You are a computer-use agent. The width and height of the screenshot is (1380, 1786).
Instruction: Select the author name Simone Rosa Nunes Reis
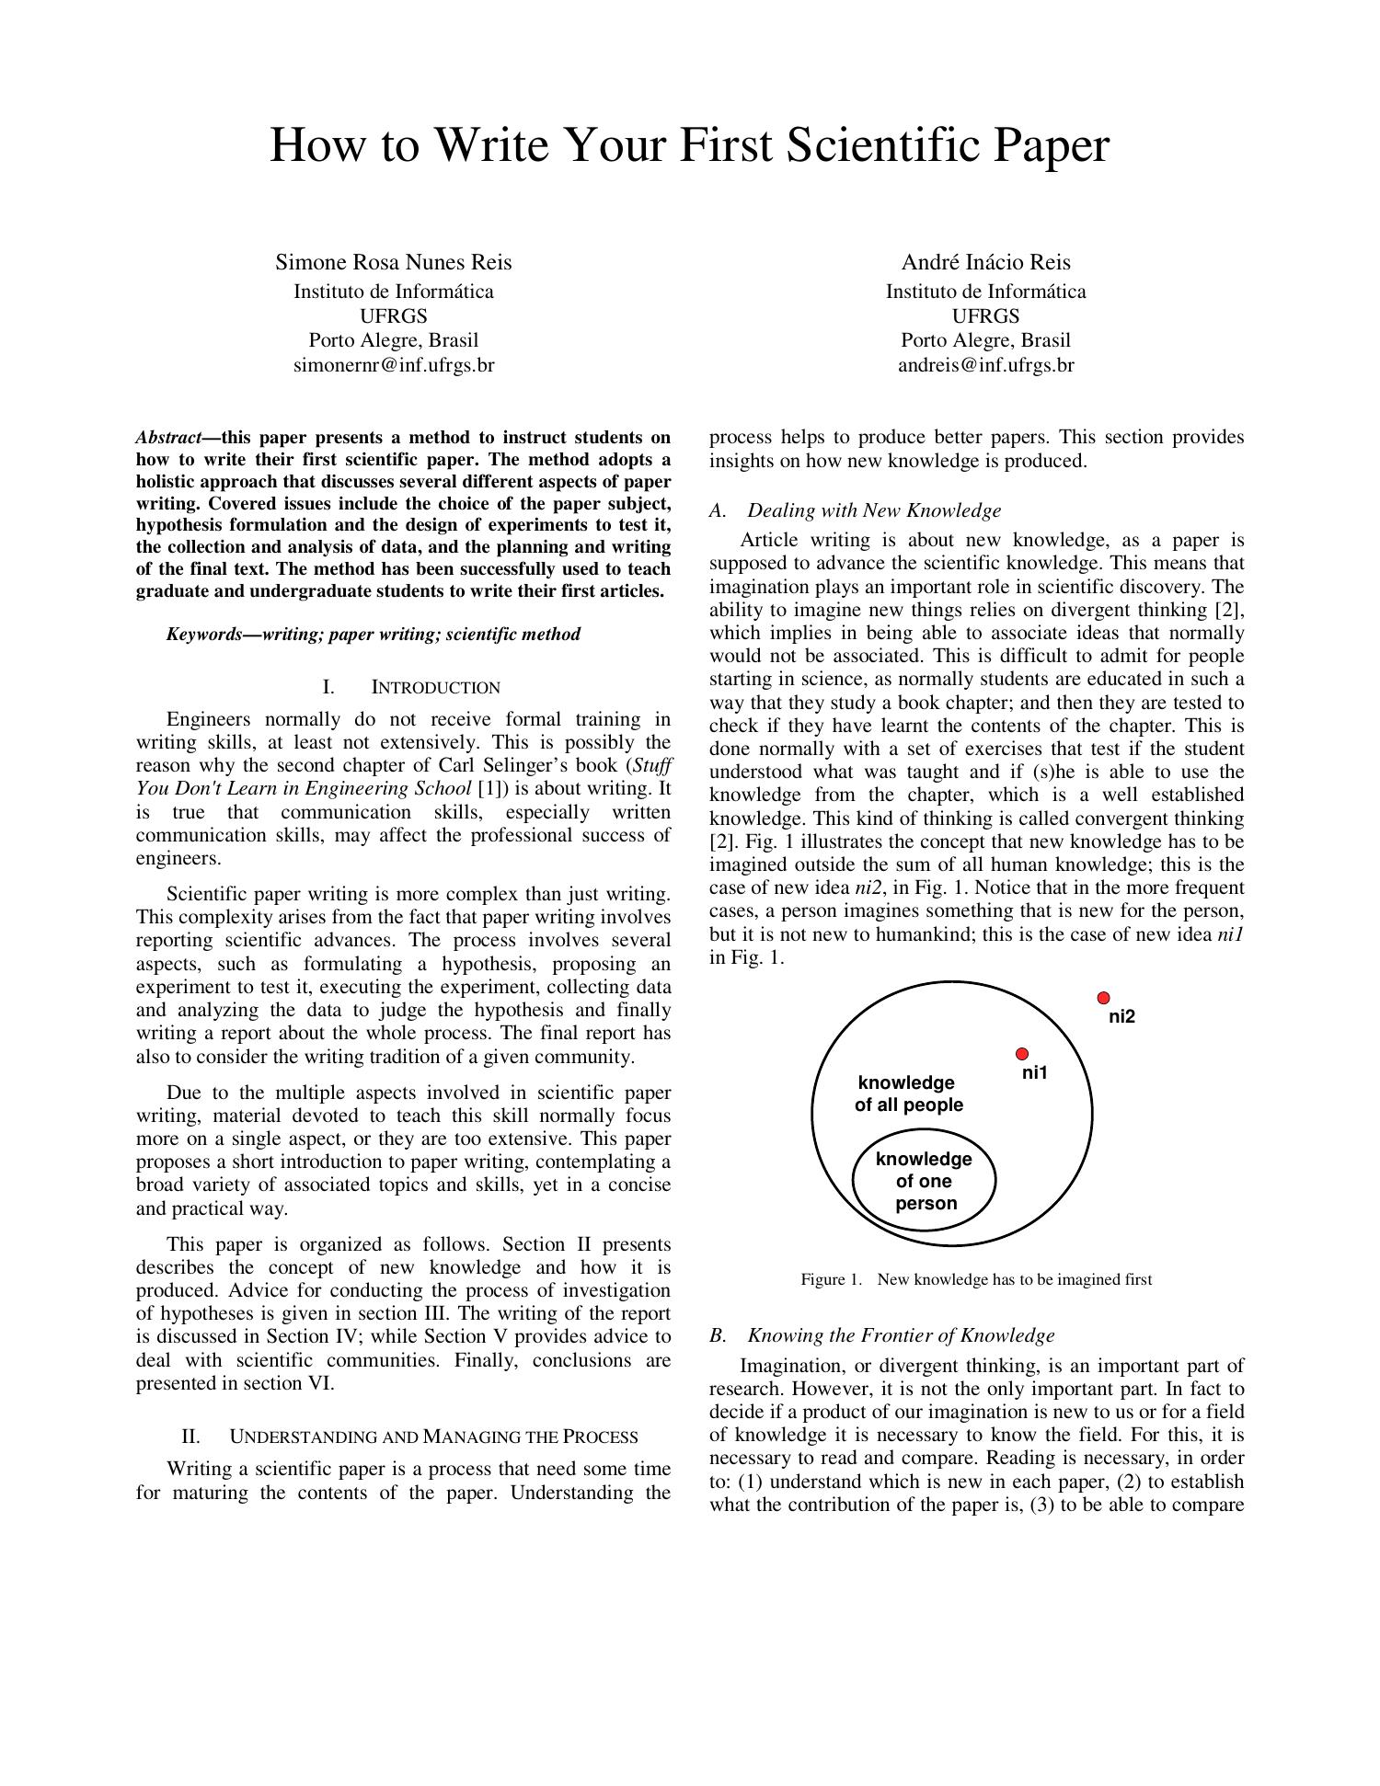tap(394, 262)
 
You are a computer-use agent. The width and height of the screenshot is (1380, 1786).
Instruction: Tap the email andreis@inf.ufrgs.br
tap(985, 365)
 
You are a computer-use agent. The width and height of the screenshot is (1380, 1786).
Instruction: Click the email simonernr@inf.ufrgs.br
tap(394, 365)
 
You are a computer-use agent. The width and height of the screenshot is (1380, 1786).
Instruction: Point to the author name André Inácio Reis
tap(985, 262)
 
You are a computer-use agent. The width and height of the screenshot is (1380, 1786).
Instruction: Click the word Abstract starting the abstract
tap(167, 437)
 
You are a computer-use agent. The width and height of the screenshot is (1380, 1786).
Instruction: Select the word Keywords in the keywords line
tap(203, 635)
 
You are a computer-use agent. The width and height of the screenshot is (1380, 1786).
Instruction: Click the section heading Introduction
tap(435, 688)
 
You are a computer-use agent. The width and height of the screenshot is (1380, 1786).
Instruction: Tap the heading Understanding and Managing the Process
tap(432, 1437)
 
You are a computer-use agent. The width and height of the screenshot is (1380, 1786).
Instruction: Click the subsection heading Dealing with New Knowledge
tap(873, 510)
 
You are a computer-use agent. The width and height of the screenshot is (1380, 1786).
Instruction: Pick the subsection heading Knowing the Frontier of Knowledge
tap(900, 1335)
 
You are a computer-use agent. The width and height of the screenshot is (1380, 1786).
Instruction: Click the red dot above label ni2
tap(1103, 998)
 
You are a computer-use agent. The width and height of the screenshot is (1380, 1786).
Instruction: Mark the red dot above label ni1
tap(1021, 1054)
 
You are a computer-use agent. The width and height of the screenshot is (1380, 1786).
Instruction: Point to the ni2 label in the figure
tap(1121, 1017)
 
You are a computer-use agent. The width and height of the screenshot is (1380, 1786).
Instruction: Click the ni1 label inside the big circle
tap(1034, 1073)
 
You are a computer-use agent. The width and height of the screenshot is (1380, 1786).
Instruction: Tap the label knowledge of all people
tap(908, 1094)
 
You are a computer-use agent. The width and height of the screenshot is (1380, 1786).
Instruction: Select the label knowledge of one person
tap(925, 1182)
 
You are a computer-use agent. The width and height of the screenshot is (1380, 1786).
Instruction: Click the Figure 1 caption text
tap(976, 1280)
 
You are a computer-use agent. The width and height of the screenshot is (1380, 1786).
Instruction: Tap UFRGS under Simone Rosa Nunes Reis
tap(394, 316)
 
